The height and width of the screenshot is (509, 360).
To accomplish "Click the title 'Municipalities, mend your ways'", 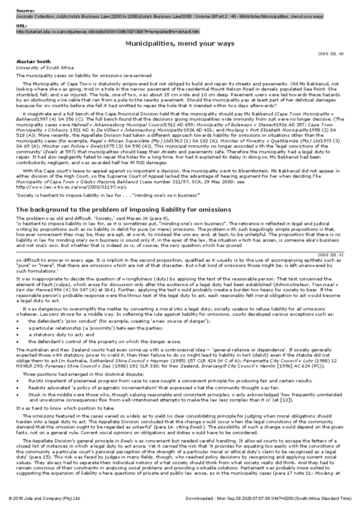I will coord(179,44).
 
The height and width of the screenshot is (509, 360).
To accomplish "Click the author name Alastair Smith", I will coord(33,61).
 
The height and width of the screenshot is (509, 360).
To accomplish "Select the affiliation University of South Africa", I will coord(45,68).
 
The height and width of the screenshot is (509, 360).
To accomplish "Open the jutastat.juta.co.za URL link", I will coord(107,32).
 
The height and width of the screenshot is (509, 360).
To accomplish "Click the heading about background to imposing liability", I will coord(123,209).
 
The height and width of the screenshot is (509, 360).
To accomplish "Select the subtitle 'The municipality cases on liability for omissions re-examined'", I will coord(84,76).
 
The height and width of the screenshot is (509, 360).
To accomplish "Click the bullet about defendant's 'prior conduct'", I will coord(119,321).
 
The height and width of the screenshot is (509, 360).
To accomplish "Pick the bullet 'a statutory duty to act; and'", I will coord(61,335).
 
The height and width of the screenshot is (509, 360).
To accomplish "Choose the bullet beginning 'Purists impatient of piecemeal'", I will coord(170,381).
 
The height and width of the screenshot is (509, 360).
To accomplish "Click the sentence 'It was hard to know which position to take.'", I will coord(65,408).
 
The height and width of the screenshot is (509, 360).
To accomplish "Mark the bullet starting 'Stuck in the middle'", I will coord(185,397).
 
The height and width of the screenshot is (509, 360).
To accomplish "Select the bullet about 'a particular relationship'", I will coord(95,328).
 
